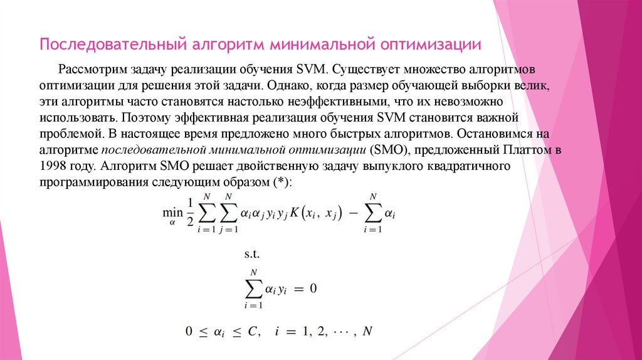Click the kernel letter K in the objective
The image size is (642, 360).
point(294,213)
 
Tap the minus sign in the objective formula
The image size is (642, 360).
point(351,213)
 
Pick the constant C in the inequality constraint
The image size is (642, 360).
point(253,331)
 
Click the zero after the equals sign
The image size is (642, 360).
point(313,289)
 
